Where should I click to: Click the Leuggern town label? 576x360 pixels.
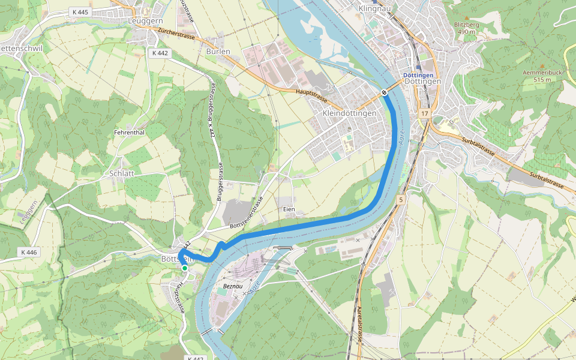[x=146, y=20]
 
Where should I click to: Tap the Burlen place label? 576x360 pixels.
[x=218, y=52]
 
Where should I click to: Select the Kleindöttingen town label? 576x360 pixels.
[x=349, y=113]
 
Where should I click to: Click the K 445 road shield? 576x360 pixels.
[x=79, y=12]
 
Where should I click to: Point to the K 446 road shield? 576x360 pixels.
[x=28, y=253]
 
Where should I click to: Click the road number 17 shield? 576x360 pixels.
[x=425, y=113]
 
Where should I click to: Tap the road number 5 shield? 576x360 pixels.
[x=401, y=199]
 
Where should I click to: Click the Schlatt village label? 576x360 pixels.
[x=122, y=173]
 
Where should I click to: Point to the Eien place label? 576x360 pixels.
[x=289, y=209]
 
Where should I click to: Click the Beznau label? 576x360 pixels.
[x=232, y=287]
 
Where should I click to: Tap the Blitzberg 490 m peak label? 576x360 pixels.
[x=467, y=28]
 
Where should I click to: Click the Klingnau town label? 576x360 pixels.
[x=374, y=9]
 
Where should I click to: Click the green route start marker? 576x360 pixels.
[x=185, y=268]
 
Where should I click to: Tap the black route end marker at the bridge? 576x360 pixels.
[x=383, y=92]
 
